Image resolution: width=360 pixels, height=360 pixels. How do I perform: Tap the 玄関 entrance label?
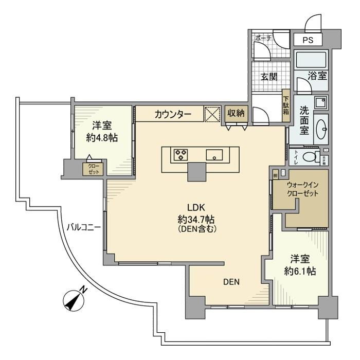pos(268,77)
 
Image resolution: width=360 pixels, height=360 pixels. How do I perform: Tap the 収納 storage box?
pos(236,114)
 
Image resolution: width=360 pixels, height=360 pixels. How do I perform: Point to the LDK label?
pos(196,208)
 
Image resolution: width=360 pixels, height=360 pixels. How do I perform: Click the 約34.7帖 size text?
pos(196,219)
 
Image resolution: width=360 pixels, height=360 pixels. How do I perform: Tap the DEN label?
pos(231,282)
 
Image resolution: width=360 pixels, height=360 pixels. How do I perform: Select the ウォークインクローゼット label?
pos(302,189)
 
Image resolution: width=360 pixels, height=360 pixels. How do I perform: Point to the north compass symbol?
pos(74,300)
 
